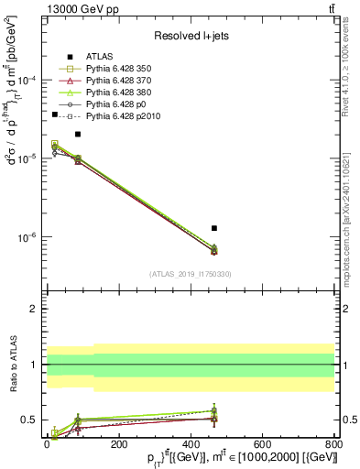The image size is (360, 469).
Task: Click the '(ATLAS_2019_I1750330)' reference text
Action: [191, 274]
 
